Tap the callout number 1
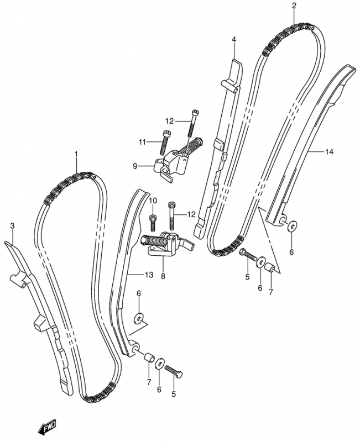(76, 154)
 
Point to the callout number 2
(294, 6)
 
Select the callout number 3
(12, 225)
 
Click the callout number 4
(233, 39)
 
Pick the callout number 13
(149, 274)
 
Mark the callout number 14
(329, 152)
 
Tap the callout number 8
(163, 277)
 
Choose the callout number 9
(135, 166)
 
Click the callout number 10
(153, 201)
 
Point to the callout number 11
(142, 143)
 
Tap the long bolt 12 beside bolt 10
(171, 215)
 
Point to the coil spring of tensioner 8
(154, 241)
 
